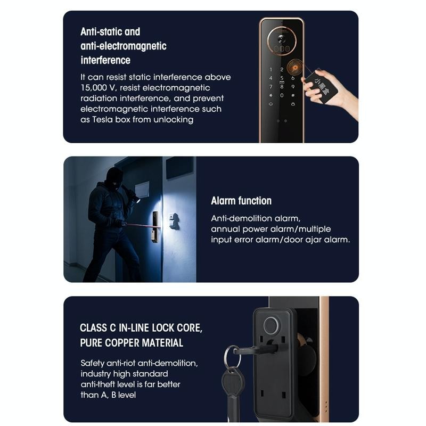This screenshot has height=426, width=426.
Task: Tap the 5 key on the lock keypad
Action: [282, 78]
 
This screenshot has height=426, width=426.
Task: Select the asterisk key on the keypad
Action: [271, 95]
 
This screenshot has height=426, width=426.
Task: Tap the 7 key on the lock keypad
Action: [271, 87]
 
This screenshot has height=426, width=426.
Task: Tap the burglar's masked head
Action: [115, 178]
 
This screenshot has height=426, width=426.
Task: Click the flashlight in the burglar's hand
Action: [134, 195]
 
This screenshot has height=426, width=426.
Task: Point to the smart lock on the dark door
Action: [155, 226]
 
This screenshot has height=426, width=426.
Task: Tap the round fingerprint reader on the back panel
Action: [271, 325]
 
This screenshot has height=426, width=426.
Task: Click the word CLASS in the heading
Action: [93, 328]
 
